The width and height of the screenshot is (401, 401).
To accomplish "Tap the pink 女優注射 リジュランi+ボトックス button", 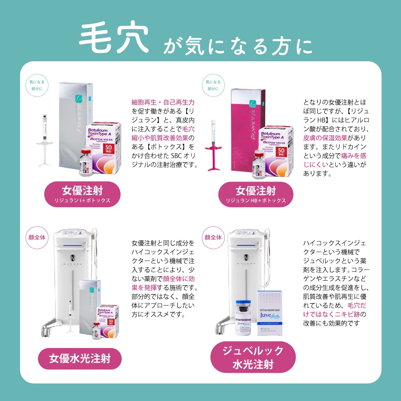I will pos(82,194).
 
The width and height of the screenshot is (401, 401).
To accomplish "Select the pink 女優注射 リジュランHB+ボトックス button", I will pos(256,194).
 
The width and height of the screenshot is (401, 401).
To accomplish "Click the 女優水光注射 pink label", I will pos(80,359).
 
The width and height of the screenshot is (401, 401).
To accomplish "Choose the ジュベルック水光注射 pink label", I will pos(253,357).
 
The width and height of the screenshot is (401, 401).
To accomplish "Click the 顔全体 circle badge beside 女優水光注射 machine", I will pos(37,237).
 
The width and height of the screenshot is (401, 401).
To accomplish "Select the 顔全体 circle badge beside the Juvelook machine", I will pos(213,237).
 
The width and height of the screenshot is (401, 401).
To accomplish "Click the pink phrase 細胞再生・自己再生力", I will pos(163,102).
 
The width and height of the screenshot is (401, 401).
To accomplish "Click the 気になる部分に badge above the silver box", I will pos(36,85).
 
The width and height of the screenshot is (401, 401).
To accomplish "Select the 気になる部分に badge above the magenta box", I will pos(213,85).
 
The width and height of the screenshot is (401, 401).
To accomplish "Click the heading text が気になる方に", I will pos(238,46).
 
